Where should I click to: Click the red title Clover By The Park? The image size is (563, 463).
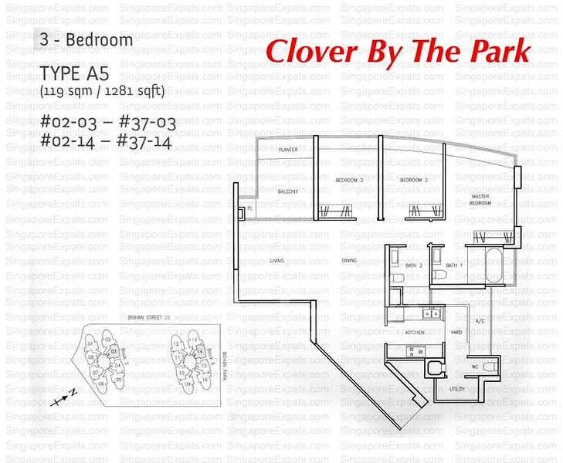point(398,51)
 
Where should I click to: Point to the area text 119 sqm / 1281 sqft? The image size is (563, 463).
point(102,91)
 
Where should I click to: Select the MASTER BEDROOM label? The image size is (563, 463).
point(480,200)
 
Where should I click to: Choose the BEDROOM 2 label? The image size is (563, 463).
point(414,180)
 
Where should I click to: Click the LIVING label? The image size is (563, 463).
point(277,261)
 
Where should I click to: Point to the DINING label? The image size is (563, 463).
point(349,261)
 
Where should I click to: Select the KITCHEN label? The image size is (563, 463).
point(415,332)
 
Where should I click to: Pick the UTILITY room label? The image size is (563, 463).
point(456,389)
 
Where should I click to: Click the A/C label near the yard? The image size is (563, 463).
point(479,320)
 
